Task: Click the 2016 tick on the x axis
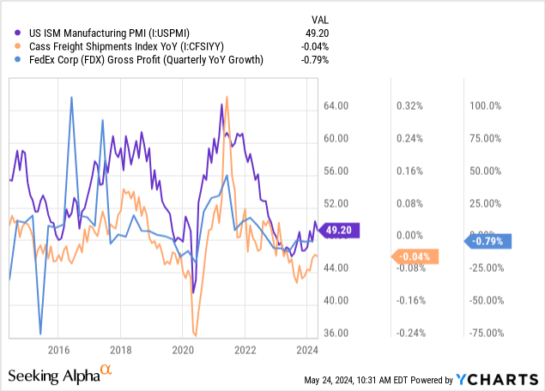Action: click(x=58, y=349)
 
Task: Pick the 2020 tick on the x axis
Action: click(x=184, y=349)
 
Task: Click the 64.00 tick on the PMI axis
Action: click(x=337, y=105)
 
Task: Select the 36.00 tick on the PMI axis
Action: click(x=337, y=333)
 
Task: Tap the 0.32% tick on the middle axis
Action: click(x=409, y=105)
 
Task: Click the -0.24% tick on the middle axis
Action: click(x=409, y=333)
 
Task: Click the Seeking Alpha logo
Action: click(x=60, y=375)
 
